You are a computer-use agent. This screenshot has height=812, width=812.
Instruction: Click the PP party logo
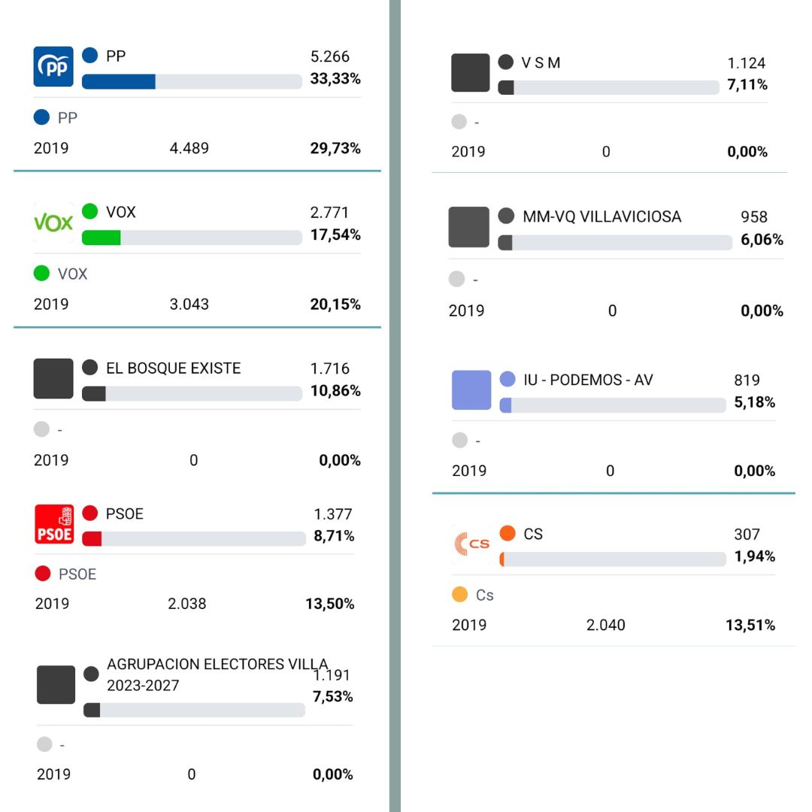(x=53, y=67)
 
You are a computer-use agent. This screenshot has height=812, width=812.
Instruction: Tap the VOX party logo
(x=53, y=223)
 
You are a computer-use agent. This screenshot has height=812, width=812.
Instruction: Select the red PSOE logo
(x=54, y=524)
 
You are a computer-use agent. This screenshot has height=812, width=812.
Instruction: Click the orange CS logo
(x=471, y=544)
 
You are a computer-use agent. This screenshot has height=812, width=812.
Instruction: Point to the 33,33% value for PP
(x=335, y=79)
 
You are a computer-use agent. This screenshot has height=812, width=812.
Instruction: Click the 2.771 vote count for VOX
(x=330, y=213)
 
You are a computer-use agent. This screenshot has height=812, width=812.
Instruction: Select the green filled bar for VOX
(x=101, y=238)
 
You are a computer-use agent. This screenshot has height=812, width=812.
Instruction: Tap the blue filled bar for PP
(x=118, y=81)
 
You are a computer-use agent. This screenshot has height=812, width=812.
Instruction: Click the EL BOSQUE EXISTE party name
(x=173, y=368)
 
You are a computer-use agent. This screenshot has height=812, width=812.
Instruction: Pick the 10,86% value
(x=335, y=391)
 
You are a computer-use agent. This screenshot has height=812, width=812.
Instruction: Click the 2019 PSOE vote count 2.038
(x=187, y=604)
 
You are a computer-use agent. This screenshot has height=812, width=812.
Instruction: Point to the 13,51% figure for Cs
(x=750, y=626)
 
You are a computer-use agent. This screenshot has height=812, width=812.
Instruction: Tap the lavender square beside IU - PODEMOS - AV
(x=471, y=390)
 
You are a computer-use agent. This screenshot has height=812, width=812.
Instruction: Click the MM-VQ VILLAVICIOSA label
(x=601, y=217)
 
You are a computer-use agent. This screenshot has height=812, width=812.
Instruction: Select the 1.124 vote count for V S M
(x=747, y=64)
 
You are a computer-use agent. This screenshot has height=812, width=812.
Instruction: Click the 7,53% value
(x=332, y=697)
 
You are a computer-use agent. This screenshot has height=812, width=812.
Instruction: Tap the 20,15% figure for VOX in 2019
(x=335, y=304)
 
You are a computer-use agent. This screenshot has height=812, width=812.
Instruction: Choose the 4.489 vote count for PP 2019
(x=189, y=148)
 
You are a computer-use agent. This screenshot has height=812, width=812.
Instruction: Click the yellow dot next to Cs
(x=460, y=595)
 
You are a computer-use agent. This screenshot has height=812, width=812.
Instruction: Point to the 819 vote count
(x=747, y=380)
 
